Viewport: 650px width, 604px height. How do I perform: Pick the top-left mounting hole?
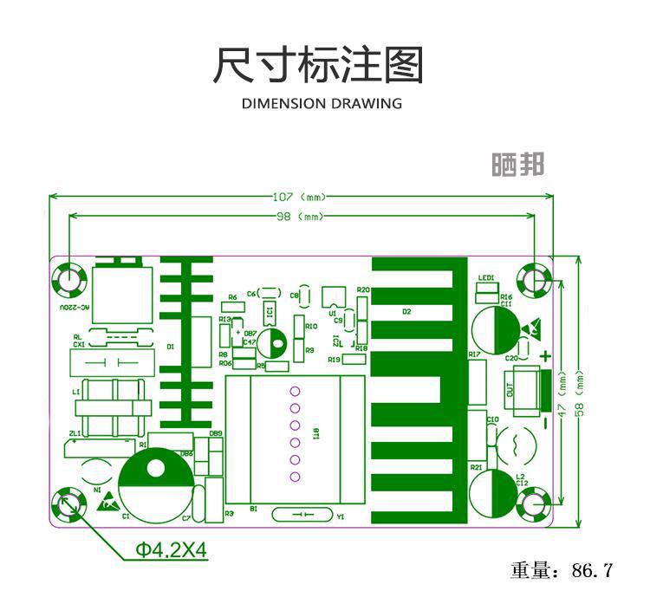pos(67,279)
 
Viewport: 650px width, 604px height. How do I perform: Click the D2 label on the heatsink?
pos(406,311)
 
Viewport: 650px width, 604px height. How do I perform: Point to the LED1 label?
pos(485,278)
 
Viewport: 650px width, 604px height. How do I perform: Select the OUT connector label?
pos(509,392)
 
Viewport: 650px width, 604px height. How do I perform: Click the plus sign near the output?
pos(545,356)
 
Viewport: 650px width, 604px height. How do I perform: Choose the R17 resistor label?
pos(474,354)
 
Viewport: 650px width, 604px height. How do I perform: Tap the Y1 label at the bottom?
pos(340,516)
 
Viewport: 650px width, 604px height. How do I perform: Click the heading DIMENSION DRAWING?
pos(322,104)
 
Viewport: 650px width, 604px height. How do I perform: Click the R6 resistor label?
pos(231,297)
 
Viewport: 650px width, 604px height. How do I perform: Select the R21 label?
pos(476,467)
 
